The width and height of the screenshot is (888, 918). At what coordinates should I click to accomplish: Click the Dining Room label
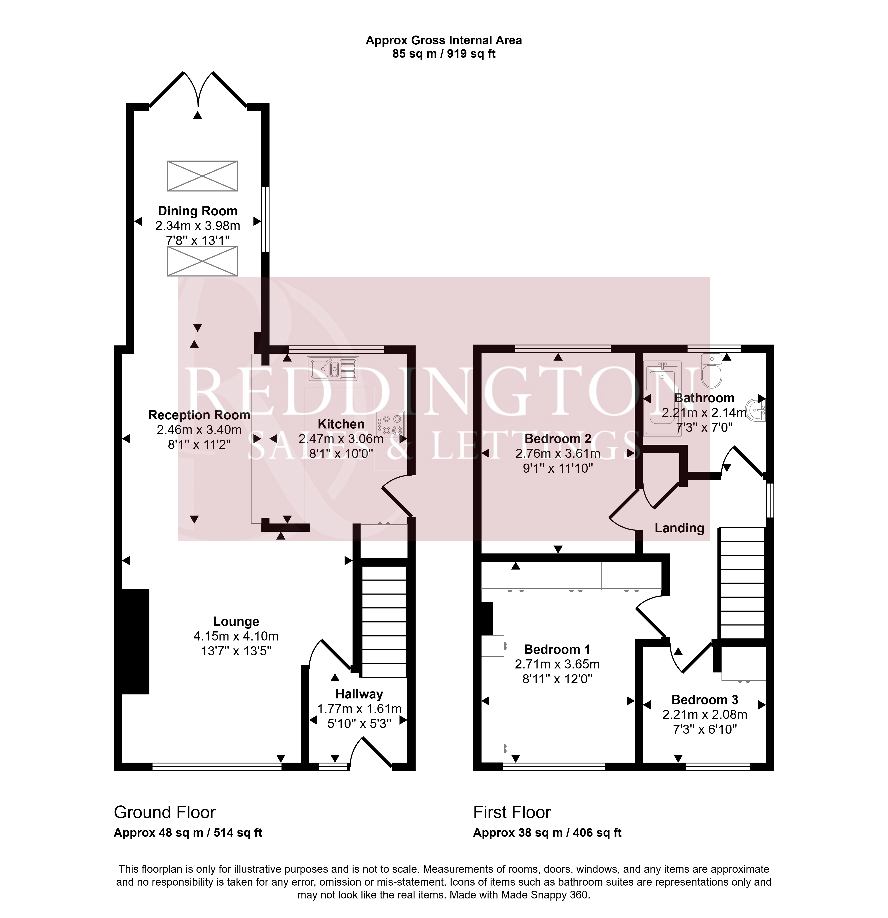[x=198, y=211]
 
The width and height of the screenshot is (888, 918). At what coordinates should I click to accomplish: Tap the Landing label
[x=679, y=528]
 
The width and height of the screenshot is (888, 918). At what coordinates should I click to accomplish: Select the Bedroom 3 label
[x=705, y=700]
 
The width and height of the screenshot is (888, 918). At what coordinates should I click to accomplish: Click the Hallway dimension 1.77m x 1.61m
[x=359, y=709]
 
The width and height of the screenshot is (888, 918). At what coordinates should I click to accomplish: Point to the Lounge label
[x=236, y=622]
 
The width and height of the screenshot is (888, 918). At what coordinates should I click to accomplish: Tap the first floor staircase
[x=742, y=584]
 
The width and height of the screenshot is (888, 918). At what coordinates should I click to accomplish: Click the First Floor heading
[x=512, y=812]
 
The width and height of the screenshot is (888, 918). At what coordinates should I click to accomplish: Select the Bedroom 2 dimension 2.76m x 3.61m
[x=558, y=453]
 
